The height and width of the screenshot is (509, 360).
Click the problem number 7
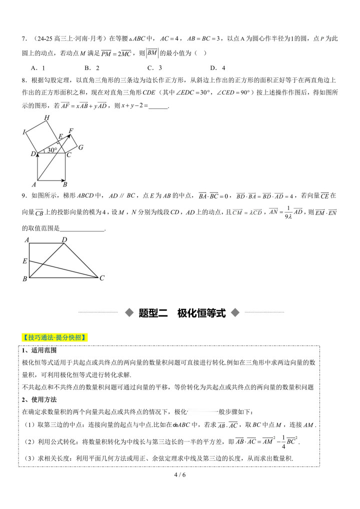coord(23,38)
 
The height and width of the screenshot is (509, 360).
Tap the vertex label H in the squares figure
coord(46,118)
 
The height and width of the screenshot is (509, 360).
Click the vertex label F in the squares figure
coord(71,131)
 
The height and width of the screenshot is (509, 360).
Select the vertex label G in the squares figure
coord(80,147)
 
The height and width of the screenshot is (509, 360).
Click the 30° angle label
coord(52,150)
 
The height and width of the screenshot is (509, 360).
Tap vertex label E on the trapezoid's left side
coord(24,261)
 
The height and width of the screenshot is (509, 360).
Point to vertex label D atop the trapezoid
coord(64,240)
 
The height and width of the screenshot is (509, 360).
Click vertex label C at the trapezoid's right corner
coord(101,278)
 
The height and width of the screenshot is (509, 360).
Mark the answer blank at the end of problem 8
coord(158,106)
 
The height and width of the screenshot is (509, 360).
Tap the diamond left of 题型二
coord(129,313)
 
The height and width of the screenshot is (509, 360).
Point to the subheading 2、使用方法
coord(39,399)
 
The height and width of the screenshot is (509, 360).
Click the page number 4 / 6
coord(180,474)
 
